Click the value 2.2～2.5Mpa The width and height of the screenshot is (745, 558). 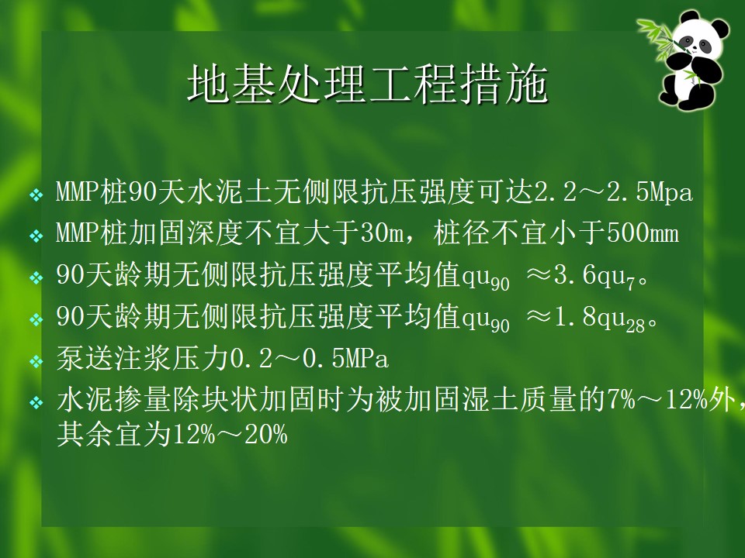[x=613, y=192]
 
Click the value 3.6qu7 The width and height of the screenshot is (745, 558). [x=594, y=276]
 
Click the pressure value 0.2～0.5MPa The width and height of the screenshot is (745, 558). [x=310, y=359]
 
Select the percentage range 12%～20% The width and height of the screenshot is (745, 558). [x=230, y=435]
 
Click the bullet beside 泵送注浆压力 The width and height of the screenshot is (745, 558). [x=36, y=362]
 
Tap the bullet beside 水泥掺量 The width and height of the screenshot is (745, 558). [x=36, y=403]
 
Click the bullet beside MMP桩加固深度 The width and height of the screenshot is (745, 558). [x=36, y=236]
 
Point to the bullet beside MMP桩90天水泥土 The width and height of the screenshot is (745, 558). [x=36, y=195]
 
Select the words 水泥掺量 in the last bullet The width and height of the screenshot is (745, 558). [x=114, y=401]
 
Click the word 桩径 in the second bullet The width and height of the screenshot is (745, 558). [x=463, y=233]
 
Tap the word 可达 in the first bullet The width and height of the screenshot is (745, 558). [x=505, y=192]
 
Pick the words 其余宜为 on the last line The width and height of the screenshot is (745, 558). [x=114, y=435]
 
